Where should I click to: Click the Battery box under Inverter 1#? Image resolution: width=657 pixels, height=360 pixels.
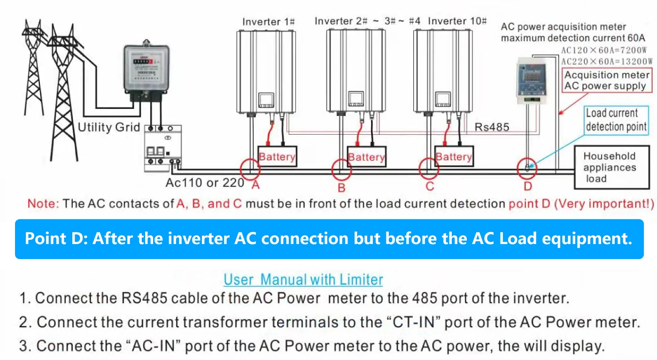coord(277,157)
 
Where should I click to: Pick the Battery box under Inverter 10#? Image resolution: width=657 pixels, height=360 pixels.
coord(454,157)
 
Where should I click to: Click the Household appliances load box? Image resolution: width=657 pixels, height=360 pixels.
coord(612,168)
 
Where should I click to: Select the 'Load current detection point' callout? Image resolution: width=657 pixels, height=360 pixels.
coord(616,120)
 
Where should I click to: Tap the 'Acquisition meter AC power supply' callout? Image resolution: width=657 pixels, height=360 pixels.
coord(607,80)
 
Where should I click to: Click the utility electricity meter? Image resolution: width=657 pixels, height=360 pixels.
coord(147,70)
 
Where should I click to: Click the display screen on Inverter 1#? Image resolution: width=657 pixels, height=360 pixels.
coord(266,100)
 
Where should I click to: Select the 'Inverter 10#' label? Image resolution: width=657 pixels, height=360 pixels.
coord(457,21)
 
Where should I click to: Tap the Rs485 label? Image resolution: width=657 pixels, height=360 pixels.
coord(492,127)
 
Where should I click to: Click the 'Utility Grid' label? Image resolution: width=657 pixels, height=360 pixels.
coord(109,127)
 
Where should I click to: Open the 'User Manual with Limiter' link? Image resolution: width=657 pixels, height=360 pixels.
coord(303,279)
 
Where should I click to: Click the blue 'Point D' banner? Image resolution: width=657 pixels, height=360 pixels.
coord(329,239)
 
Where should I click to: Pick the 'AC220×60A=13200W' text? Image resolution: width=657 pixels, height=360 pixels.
coord(607,61)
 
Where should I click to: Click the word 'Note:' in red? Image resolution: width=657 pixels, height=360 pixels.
coord(43,203)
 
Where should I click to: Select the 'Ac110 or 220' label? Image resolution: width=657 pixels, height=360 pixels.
coord(205,183)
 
